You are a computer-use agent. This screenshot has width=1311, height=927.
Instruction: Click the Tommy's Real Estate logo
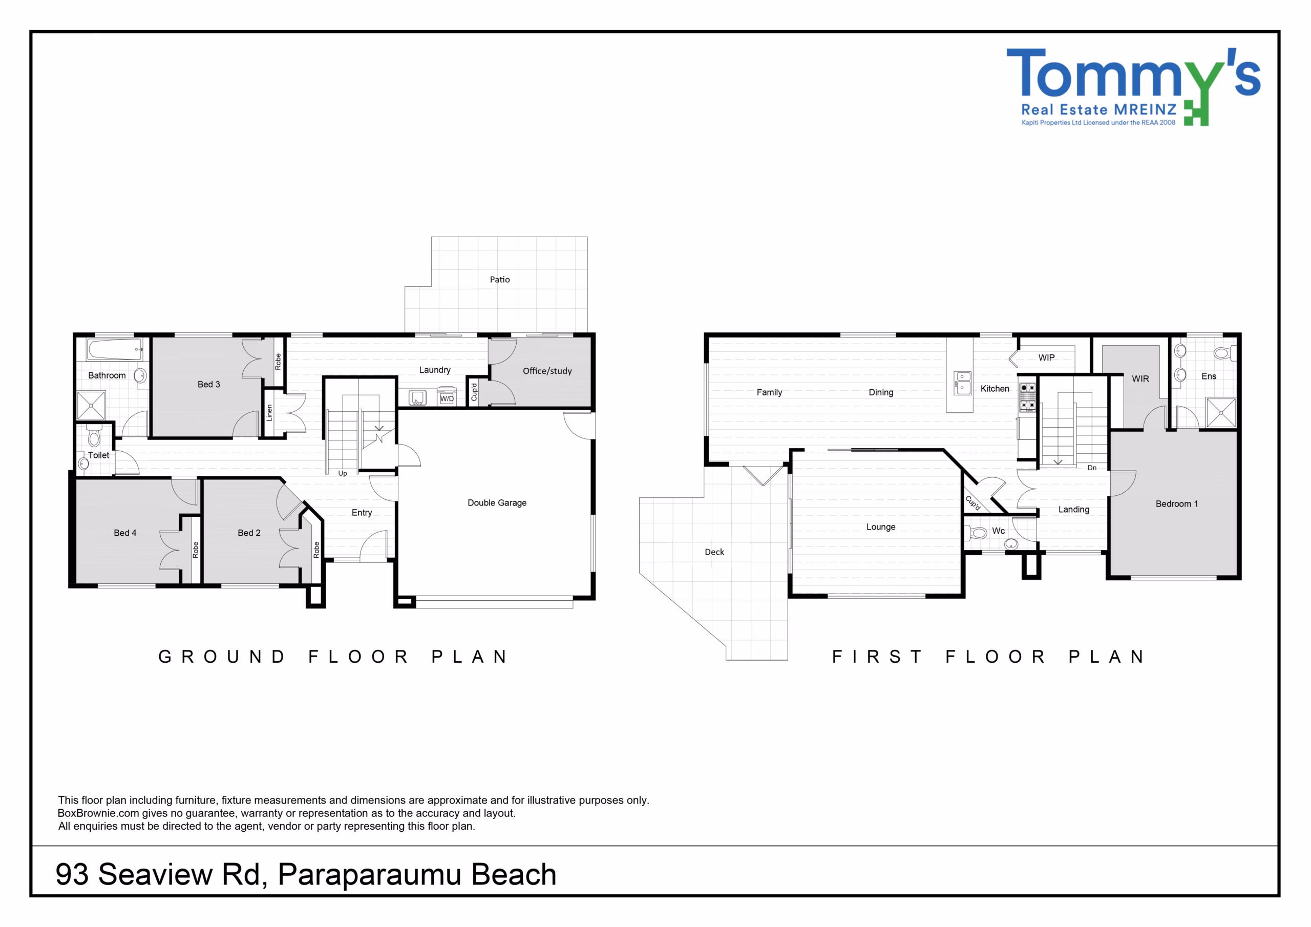click(1133, 87)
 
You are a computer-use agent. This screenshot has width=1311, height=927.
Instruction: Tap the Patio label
click(500, 279)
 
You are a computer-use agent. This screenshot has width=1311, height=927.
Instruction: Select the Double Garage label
click(497, 502)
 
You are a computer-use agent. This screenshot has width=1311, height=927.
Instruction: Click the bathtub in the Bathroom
click(115, 349)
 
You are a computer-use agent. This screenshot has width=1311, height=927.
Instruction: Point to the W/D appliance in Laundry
click(447, 397)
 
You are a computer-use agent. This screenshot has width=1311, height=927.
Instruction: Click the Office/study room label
click(547, 371)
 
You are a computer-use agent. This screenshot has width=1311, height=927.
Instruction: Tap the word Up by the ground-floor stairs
click(343, 474)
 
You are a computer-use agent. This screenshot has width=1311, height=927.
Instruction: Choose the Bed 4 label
click(125, 533)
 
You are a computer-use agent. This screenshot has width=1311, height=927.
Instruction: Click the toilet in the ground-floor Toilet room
click(94, 436)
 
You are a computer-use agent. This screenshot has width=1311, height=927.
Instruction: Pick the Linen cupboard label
click(269, 413)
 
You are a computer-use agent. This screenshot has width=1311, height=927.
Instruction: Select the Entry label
click(362, 513)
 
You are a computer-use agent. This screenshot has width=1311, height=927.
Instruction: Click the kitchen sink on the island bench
click(963, 383)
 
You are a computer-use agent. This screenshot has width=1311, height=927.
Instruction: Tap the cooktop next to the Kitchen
click(1027, 397)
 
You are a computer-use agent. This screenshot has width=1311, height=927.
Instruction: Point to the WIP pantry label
click(1046, 357)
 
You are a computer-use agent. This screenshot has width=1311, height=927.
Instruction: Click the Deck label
click(714, 552)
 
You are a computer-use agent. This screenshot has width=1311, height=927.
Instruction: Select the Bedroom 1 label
click(1176, 504)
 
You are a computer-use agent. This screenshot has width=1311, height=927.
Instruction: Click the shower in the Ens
click(1221, 412)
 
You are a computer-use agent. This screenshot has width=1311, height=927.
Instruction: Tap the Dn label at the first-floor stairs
click(1092, 468)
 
